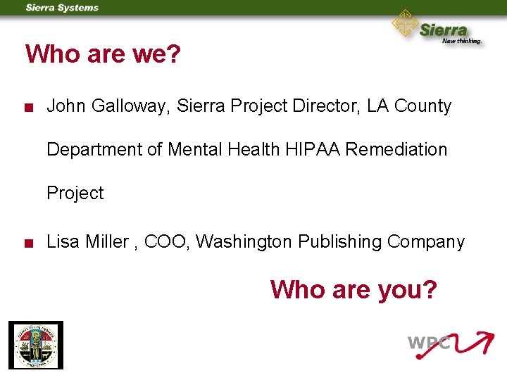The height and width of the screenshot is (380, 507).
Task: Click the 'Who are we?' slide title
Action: pos(104,54)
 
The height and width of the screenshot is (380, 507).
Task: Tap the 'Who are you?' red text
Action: pos(353,289)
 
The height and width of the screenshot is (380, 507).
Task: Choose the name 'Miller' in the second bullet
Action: pos(107,242)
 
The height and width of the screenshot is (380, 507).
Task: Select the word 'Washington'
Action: pos(243,242)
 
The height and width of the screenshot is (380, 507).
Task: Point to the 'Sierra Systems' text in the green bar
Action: pos(62,8)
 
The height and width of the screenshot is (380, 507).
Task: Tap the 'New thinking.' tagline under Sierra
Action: pos(461,41)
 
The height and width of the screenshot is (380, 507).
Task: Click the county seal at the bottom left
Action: pos(35,345)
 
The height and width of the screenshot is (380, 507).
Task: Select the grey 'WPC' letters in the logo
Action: pos(428,344)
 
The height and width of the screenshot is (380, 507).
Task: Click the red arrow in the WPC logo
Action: pos(470,343)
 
